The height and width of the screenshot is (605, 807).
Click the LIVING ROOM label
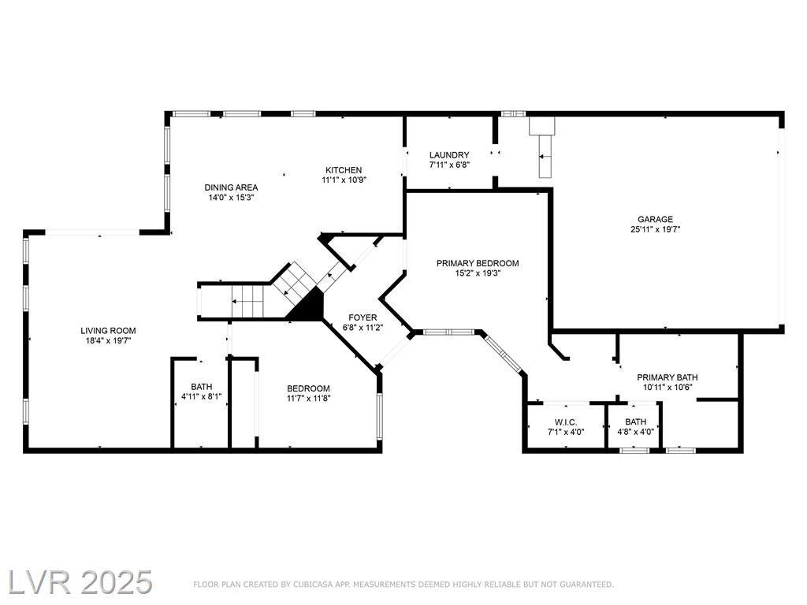(108, 331)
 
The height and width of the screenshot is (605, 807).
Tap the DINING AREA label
(231, 187)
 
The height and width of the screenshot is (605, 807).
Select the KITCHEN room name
(344, 170)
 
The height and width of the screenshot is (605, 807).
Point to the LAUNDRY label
(449, 155)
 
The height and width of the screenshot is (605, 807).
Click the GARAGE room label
(655, 219)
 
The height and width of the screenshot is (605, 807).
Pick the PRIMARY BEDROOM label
(478, 263)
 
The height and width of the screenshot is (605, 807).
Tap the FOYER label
(363, 318)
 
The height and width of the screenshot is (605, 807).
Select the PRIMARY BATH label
(668, 377)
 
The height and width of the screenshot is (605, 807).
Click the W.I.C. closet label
(566, 422)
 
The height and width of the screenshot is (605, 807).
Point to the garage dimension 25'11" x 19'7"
(655, 229)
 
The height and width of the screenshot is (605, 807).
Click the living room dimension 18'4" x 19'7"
(108, 340)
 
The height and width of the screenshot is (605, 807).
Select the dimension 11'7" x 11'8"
(308, 398)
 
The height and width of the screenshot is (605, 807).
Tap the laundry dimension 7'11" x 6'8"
(449, 165)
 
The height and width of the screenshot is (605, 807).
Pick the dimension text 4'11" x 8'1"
(201, 397)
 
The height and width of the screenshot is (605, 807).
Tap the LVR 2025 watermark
(80, 582)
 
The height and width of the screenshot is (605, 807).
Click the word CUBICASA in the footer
(313, 585)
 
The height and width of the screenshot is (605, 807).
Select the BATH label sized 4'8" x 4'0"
(636, 422)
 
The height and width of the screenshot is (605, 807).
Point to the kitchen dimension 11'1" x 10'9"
(344, 180)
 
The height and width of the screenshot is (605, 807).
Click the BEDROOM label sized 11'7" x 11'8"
(308, 388)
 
